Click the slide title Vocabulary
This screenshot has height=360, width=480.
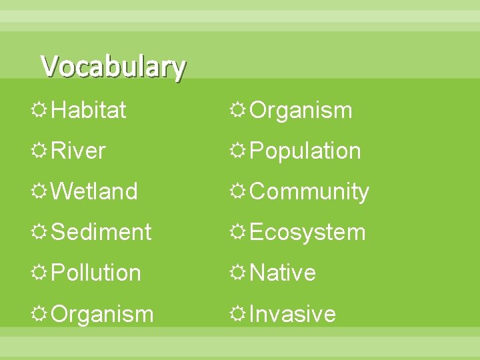pyautogui.click(x=113, y=67)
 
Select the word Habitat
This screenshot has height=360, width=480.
pyautogui.click(x=88, y=110)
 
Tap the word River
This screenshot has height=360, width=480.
pyautogui.click(x=78, y=151)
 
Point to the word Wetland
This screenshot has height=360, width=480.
pyautogui.click(x=94, y=191)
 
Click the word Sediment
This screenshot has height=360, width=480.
pyautogui.click(x=101, y=232)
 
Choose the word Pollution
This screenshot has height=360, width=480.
pyautogui.click(x=95, y=273)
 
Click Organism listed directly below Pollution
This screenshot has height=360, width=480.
pyautogui.click(x=102, y=314)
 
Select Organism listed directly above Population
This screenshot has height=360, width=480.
pyautogui.click(x=301, y=110)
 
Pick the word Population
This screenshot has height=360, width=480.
pyautogui.click(x=305, y=151)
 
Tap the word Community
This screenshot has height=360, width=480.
pyautogui.click(x=309, y=191)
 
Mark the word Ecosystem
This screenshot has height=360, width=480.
pyautogui.click(x=307, y=232)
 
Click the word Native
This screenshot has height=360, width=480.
pyautogui.click(x=283, y=273)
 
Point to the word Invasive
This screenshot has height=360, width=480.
pyautogui.click(x=293, y=314)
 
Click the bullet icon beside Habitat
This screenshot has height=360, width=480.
pyautogui.click(x=40, y=110)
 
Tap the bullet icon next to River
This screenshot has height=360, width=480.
pyautogui.click(x=40, y=151)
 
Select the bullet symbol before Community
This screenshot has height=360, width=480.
pyautogui.click(x=239, y=191)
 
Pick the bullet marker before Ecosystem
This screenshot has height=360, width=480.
pyautogui.click(x=239, y=232)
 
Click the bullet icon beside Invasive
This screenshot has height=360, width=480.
pyautogui.click(x=239, y=313)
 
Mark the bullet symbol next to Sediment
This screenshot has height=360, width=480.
pyautogui.click(x=40, y=232)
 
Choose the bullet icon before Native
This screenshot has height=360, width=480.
pyautogui.click(x=239, y=273)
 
